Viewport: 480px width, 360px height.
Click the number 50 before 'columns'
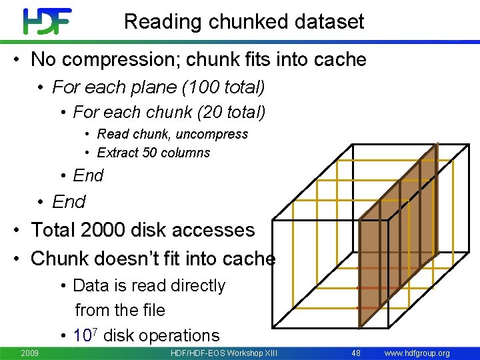151,153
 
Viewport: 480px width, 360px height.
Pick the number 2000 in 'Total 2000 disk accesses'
103,230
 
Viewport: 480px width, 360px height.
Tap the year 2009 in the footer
29,353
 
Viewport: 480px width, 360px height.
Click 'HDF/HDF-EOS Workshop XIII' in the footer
223,353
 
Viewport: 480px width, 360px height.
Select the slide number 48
355,353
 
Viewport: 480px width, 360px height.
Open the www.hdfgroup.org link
417,353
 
